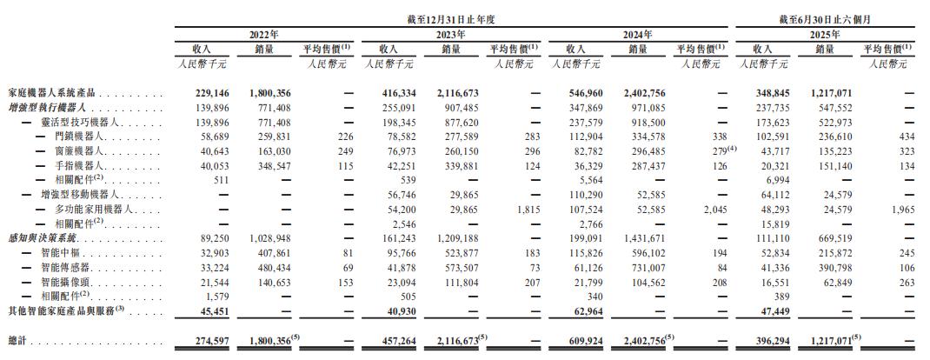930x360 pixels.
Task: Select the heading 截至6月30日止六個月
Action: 827,18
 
